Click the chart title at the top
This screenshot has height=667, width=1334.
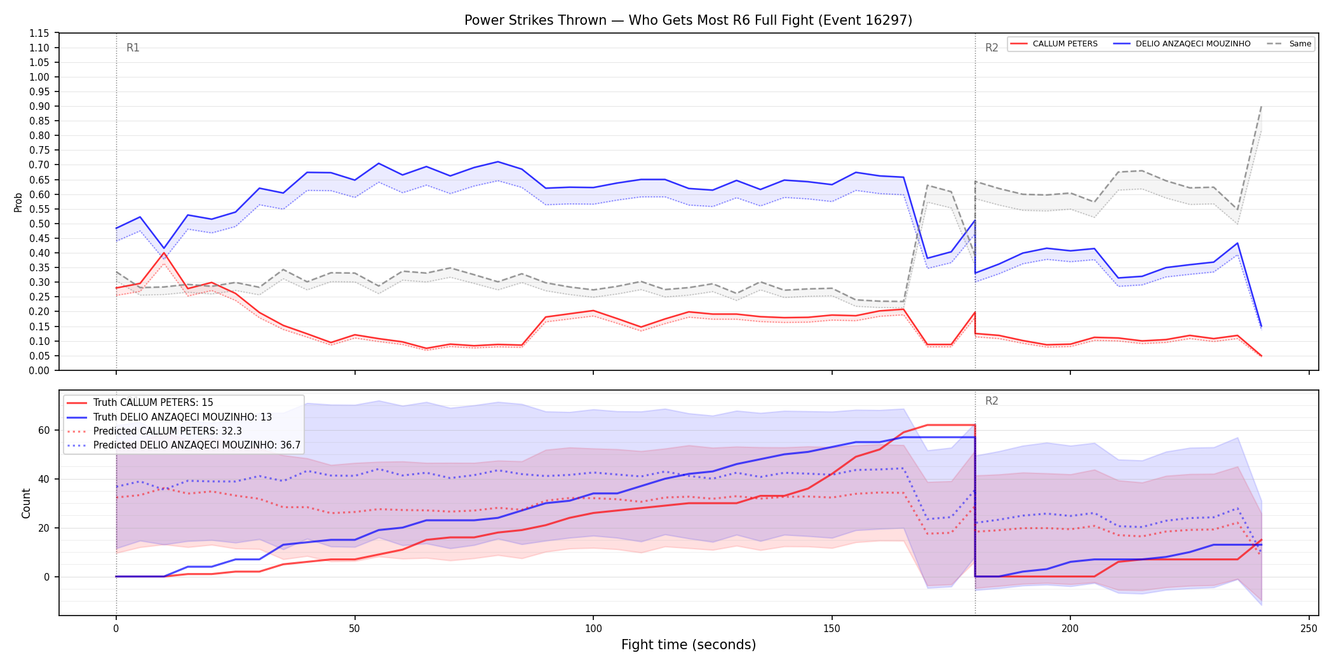pyautogui.click(x=688, y=20)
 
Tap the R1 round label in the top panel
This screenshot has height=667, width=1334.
pyautogui.click(x=133, y=48)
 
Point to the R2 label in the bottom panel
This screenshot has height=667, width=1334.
pyautogui.click(x=992, y=401)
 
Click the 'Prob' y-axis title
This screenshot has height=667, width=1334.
pyautogui.click(x=18, y=202)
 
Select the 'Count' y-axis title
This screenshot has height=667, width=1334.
pyautogui.click(x=26, y=503)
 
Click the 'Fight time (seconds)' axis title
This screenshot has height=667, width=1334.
pyautogui.click(x=689, y=645)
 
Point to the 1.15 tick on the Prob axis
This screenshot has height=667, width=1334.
pyautogui.click(x=39, y=33)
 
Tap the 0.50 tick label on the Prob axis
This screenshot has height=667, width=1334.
pyautogui.click(x=39, y=224)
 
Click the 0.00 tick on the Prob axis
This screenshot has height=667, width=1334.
pyautogui.click(x=39, y=370)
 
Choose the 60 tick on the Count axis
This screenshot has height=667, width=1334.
pyautogui.click(x=43, y=430)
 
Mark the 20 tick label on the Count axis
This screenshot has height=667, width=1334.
pyautogui.click(x=43, y=528)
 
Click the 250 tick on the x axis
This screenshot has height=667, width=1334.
pyautogui.click(x=1309, y=629)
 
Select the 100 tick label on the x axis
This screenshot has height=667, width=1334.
pyautogui.click(x=593, y=629)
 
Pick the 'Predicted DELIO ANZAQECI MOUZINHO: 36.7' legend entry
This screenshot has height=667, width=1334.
pyautogui.click(x=184, y=445)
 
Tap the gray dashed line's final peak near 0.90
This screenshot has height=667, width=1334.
pyautogui.click(x=1261, y=107)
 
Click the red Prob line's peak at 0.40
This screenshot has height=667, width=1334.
pyautogui.click(x=164, y=253)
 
